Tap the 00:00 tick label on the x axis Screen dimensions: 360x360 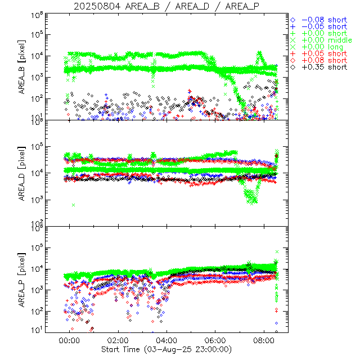(x=70, y=341)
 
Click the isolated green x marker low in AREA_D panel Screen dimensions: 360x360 (x=74, y=205)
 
